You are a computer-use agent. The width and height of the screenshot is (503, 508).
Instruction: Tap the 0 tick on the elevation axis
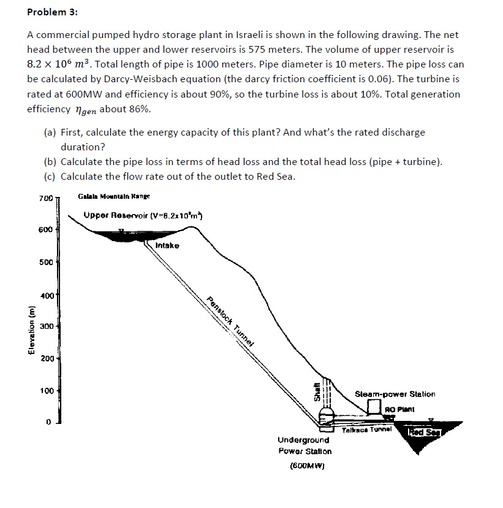[x=48, y=422]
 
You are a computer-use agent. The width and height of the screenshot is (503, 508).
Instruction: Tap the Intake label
[x=168, y=245]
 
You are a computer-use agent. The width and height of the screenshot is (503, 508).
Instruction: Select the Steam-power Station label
[x=395, y=394]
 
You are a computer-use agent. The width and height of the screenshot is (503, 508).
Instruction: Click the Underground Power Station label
[x=304, y=445]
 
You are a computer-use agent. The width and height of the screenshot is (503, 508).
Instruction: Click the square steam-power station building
[x=374, y=407]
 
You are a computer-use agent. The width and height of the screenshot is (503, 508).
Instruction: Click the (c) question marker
[x=50, y=177]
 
